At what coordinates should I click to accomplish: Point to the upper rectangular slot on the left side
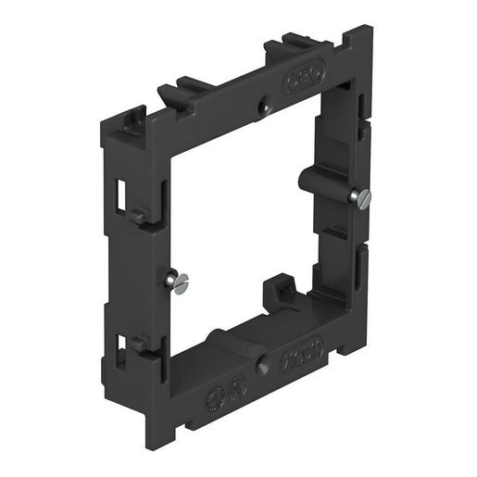(x=123, y=190)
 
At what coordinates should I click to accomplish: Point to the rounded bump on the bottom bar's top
(x=212, y=334)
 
